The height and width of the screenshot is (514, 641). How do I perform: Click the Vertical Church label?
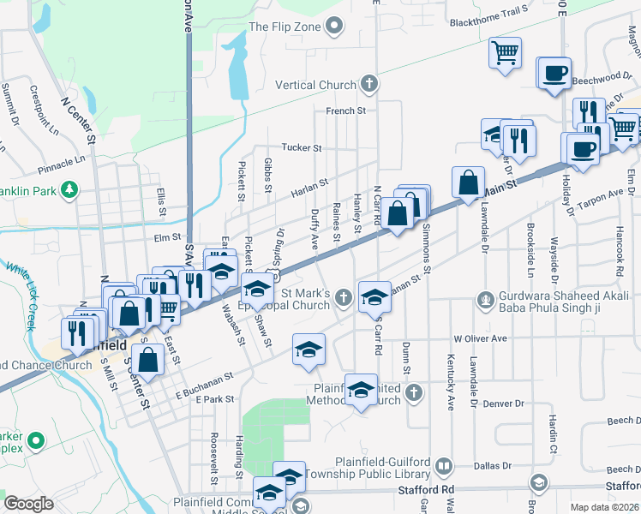pos(315,85)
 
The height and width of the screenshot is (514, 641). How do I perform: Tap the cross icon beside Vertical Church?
pos(368,84)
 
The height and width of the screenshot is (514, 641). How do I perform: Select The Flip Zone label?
pos(285,27)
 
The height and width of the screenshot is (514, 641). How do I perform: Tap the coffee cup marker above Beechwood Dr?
pos(554,71)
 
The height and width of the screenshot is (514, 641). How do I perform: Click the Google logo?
pos(28,504)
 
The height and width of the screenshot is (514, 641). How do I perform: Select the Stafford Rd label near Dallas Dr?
pos(426,490)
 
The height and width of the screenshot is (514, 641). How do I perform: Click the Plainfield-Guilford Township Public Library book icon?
pos(443,466)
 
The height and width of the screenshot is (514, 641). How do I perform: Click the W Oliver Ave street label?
pos(481,338)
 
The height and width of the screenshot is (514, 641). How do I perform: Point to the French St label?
pos(345,111)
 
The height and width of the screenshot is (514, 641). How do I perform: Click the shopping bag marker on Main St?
pos(468,181)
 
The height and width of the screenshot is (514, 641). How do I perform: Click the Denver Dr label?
pos(502,403)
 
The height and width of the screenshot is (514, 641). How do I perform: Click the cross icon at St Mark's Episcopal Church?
pos(344,297)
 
